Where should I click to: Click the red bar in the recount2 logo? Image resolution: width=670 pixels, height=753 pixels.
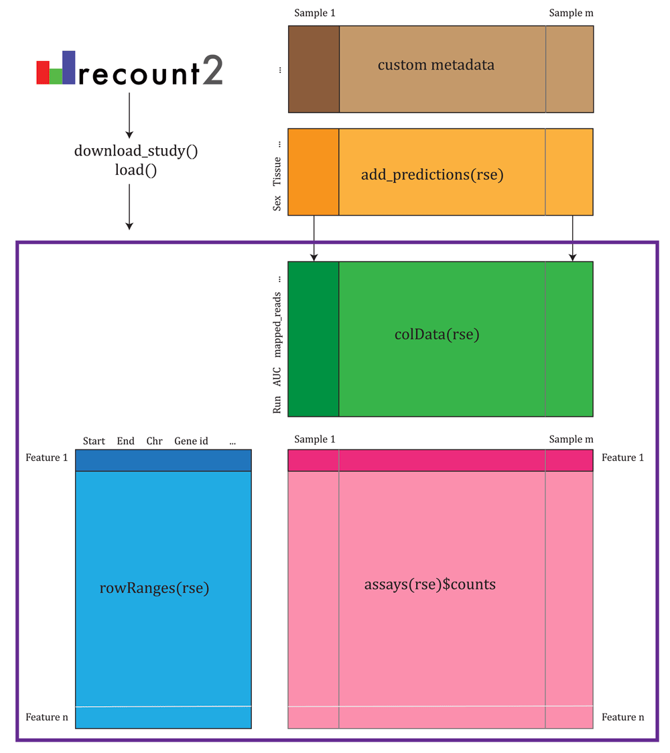click(43, 72)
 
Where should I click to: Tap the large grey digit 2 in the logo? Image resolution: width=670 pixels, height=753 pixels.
click(213, 70)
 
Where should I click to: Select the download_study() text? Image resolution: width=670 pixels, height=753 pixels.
click(136, 151)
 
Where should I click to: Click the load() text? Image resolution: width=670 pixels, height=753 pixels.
click(136, 170)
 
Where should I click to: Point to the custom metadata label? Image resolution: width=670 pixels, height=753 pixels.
click(435, 65)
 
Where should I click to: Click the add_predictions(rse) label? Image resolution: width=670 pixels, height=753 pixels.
click(432, 174)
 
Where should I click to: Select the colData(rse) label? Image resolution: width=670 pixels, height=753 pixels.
click(437, 334)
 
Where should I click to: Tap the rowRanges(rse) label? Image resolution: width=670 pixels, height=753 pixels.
click(154, 588)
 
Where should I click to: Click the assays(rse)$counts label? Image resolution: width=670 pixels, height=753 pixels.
click(430, 584)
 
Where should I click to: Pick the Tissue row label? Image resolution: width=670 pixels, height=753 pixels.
click(277, 172)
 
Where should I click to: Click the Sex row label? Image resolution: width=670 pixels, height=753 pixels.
click(277, 203)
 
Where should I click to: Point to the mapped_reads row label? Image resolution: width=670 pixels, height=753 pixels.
click(277, 325)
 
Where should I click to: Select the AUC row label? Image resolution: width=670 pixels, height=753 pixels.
click(277, 376)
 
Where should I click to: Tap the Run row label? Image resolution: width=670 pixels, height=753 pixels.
click(277, 405)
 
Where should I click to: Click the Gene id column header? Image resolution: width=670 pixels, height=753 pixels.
click(191, 441)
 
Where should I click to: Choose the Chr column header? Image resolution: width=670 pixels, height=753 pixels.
click(154, 441)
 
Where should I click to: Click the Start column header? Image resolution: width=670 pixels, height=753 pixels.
click(94, 441)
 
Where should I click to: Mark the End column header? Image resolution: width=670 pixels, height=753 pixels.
click(125, 441)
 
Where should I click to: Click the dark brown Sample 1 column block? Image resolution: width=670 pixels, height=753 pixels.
click(314, 69)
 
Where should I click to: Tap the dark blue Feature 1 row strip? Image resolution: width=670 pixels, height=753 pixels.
click(163, 460)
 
